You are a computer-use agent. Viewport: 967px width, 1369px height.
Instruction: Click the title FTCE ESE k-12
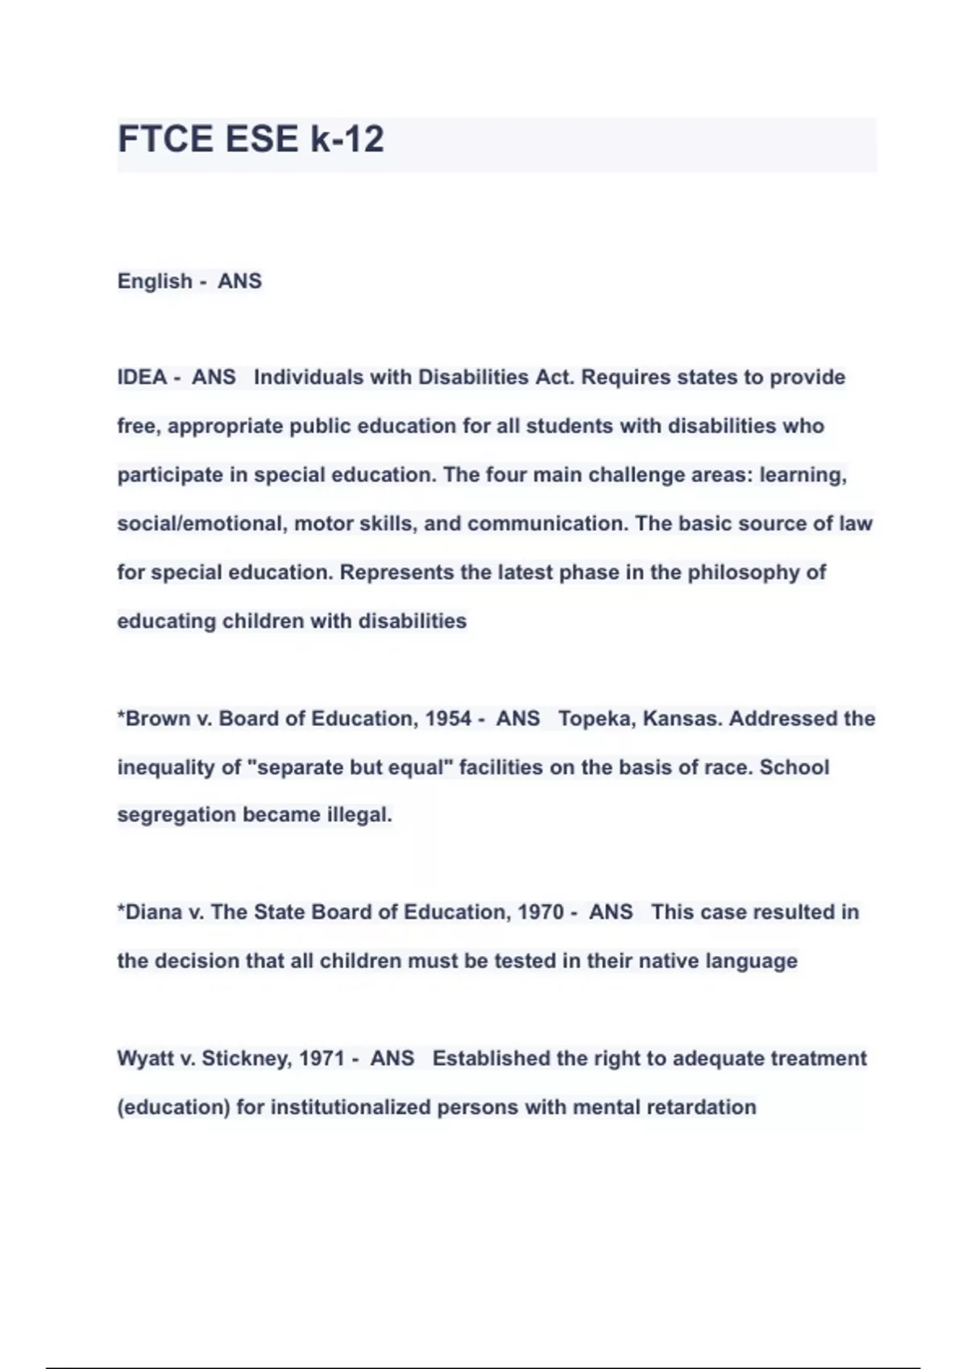click(x=251, y=139)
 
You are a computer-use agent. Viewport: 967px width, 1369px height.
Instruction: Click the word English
click(x=155, y=281)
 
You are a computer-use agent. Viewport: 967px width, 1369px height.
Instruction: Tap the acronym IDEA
click(x=142, y=378)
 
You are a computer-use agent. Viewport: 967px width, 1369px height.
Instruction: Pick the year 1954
click(x=448, y=718)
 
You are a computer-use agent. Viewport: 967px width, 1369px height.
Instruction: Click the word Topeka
click(x=595, y=718)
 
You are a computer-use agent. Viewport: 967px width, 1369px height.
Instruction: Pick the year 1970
click(x=541, y=912)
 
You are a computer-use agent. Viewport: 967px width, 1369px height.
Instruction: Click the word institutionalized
click(x=351, y=1107)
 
